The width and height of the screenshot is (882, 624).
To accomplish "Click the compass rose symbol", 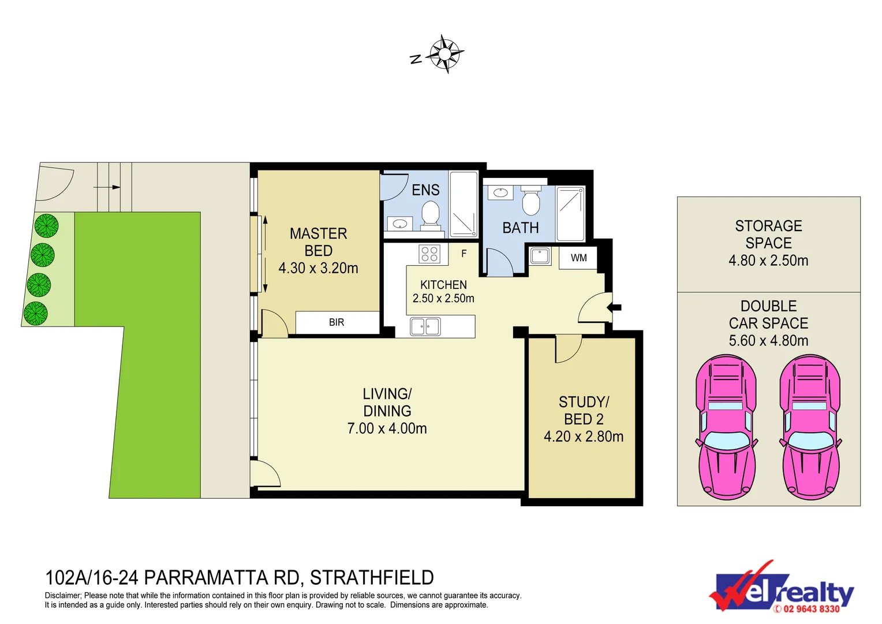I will tap(444, 54).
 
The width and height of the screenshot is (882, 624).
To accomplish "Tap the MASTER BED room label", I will tap(318, 242).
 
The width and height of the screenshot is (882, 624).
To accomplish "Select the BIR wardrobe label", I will tap(337, 322).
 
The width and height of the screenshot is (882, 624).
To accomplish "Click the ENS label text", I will tap(425, 190).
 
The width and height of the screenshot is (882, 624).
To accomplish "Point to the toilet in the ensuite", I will tap(430, 216).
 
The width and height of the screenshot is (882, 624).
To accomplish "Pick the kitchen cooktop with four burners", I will tap(429, 254).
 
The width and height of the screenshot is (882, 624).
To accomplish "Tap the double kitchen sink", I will tap(425, 326).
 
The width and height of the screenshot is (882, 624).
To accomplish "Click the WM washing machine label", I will tap(578, 258).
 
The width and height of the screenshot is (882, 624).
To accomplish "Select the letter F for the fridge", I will tap(464, 254).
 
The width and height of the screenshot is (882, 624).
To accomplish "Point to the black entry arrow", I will tap(614, 307).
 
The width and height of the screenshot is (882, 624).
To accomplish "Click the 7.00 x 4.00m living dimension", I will tap(387, 429).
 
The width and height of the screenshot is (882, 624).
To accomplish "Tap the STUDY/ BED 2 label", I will tap(584, 410).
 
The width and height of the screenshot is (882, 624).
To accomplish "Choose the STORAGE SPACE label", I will tap(768, 235).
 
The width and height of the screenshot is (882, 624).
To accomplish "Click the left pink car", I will tap(726, 428).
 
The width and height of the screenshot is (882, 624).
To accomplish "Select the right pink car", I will tap(810, 428).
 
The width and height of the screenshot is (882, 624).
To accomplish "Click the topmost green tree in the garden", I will tap(46, 226).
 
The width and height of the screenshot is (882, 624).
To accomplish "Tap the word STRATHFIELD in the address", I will tap(372, 578).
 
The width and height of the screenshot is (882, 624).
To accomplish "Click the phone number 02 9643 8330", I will tap(811, 608).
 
